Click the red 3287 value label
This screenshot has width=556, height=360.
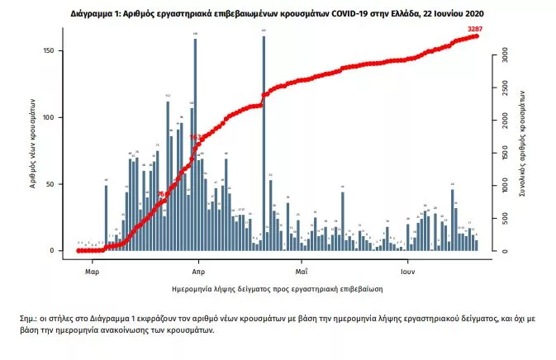[x=474, y=30]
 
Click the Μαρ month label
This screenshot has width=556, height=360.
[x=92, y=270]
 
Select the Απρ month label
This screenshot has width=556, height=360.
[x=198, y=270]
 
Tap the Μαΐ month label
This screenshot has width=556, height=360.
[x=302, y=270]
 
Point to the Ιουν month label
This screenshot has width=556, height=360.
[x=407, y=270]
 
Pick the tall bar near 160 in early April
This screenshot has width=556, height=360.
[x=195, y=144]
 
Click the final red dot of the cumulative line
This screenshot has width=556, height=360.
[x=477, y=36]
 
